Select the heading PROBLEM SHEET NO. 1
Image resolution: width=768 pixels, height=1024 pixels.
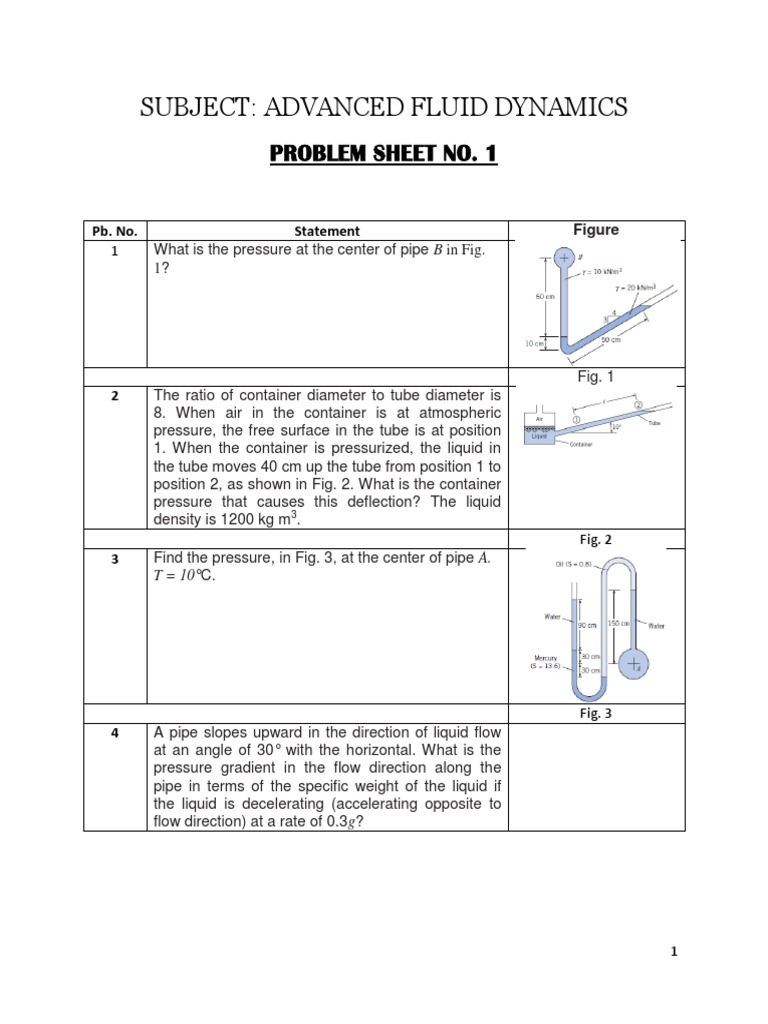(x=384, y=154)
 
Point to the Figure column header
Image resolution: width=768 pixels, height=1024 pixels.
(x=596, y=230)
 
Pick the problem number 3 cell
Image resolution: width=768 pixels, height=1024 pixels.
(x=114, y=559)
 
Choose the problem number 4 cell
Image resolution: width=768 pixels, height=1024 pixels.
(x=114, y=733)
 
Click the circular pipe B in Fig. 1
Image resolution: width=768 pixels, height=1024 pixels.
(x=564, y=258)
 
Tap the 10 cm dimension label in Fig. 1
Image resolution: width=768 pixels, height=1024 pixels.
(x=534, y=343)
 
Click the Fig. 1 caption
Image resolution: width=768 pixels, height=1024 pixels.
(x=596, y=376)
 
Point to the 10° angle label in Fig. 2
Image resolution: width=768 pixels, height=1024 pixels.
(x=616, y=425)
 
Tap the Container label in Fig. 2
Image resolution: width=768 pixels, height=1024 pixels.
(x=582, y=445)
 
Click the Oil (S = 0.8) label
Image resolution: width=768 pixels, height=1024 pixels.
(x=574, y=564)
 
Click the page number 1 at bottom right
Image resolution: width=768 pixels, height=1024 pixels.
(x=674, y=953)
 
